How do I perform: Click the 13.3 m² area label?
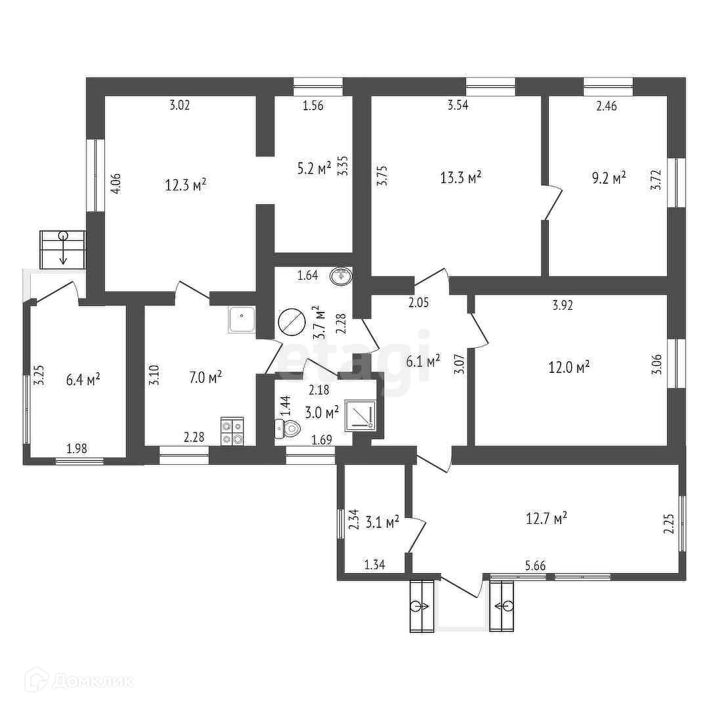pos(461,177)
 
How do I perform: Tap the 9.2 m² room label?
pos(609,177)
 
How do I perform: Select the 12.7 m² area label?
pos(546,519)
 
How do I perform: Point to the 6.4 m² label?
pos(83,379)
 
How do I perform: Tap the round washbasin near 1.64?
pos(341,276)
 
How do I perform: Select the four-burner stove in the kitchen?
pos(232,431)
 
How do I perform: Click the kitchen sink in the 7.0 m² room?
pos(241,320)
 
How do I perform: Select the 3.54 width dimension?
pos(458,105)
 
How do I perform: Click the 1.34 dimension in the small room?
pos(374,565)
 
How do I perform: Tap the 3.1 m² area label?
pos(383,523)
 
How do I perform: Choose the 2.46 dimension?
pos(606,105)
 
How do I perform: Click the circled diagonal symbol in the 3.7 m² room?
pos(291,322)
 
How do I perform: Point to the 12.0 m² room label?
pos(569,368)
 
